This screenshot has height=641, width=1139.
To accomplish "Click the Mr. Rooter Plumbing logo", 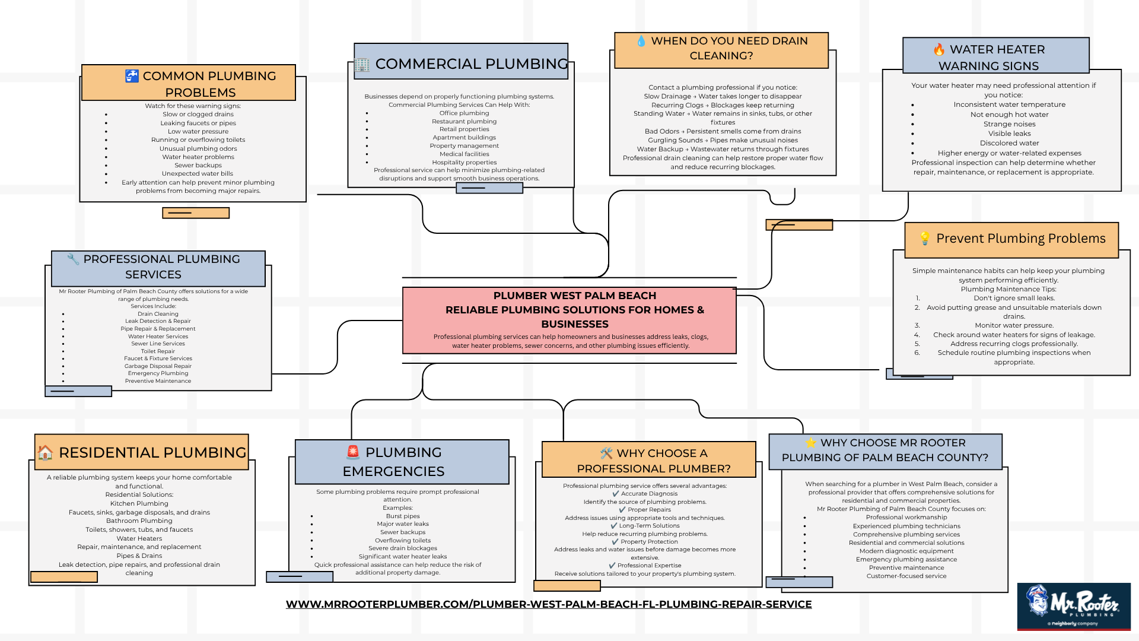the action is (1074, 606).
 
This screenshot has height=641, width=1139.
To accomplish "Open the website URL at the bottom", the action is (549, 604).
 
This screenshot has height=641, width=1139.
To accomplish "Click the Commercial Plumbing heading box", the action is (461, 61).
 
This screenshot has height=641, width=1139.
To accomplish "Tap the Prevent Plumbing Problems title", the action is (1021, 239).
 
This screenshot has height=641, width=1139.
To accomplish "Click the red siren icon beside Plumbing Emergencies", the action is (353, 452).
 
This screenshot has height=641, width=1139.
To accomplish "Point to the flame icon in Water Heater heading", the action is (939, 49).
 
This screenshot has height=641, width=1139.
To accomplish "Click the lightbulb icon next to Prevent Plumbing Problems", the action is (924, 239).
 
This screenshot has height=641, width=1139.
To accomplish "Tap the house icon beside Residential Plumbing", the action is (45, 453).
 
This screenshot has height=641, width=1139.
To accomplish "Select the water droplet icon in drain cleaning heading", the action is (641, 41).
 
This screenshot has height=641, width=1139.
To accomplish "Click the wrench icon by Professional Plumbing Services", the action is (73, 259).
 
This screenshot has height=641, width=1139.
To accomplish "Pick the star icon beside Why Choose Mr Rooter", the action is (810, 443).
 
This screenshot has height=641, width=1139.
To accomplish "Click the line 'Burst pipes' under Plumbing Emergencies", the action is (403, 516).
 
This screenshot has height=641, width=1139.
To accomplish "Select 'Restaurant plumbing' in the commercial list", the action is (464, 122).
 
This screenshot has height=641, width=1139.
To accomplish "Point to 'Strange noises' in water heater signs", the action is (1010, 124).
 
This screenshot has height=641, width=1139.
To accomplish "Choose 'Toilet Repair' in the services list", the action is (158, 351).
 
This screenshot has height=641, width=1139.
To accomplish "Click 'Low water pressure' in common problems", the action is (198, 132).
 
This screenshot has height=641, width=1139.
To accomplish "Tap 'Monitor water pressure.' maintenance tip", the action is (1014, 325).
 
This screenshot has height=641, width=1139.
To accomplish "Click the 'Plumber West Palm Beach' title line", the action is (575, 296).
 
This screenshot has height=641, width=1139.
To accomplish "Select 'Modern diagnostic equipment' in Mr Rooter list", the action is (906, 551).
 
